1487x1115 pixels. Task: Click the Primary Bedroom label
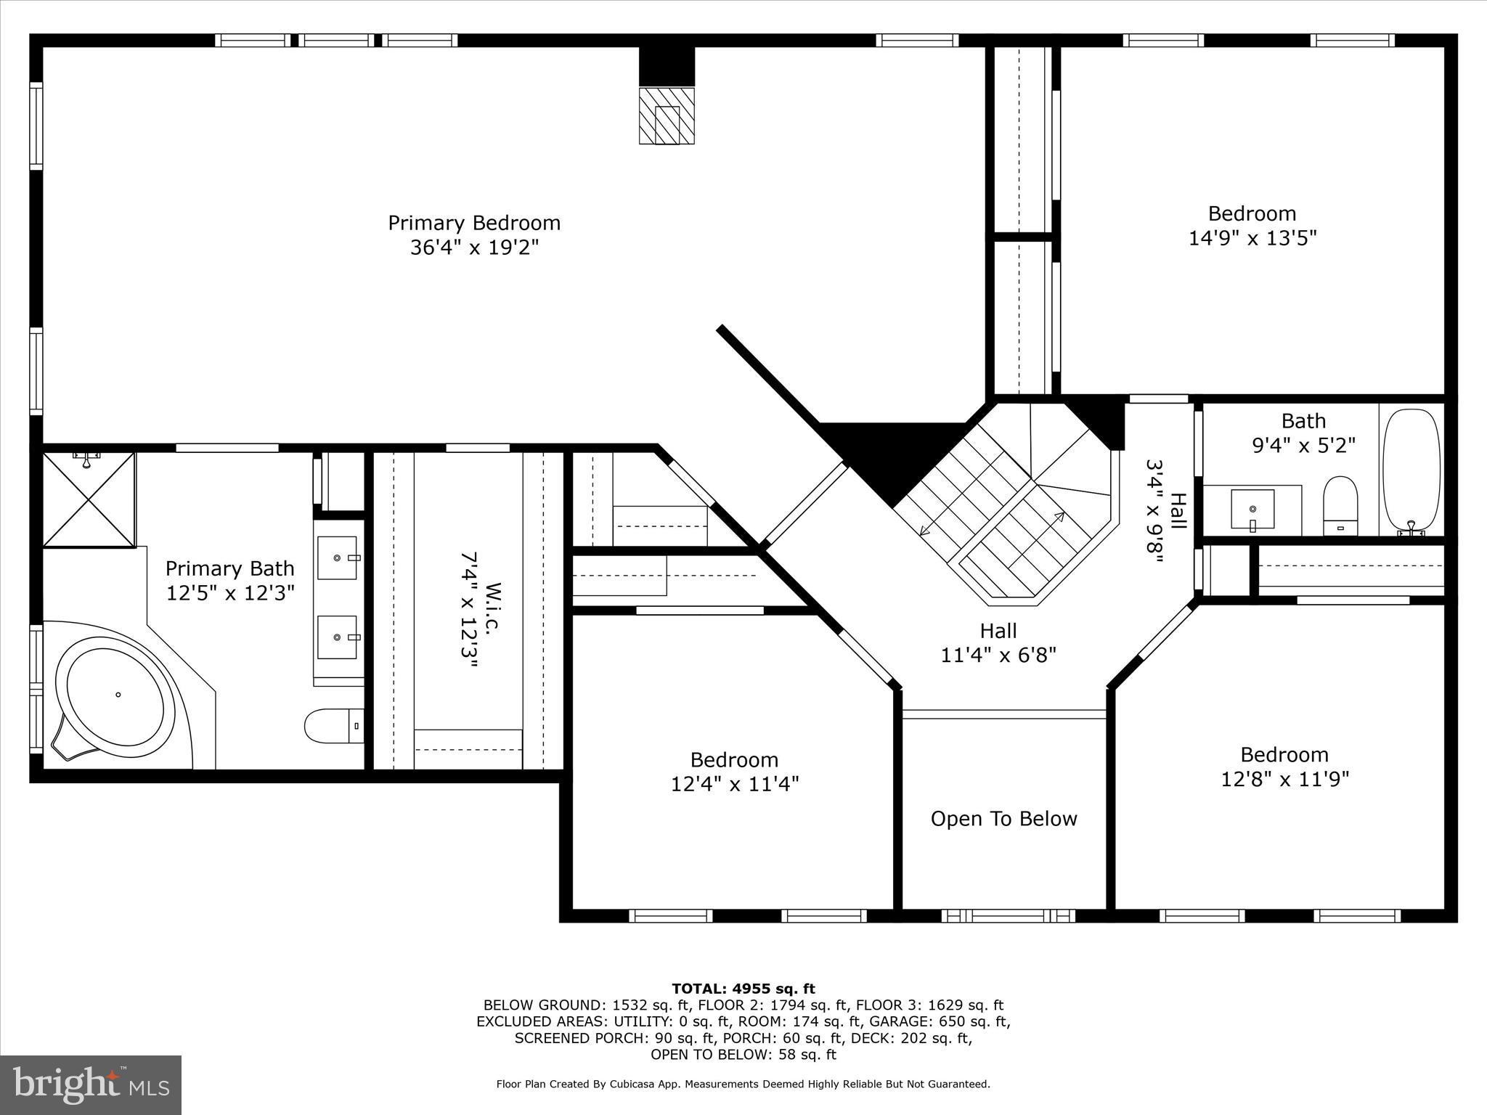(x=474, y=223)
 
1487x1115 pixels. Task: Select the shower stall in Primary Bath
(x=89, y=499)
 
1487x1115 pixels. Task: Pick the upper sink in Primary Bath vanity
(x=338, y=557)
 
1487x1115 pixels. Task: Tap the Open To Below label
(x=1003, y=819)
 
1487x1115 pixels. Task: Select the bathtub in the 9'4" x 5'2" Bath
(x=1411, y=472)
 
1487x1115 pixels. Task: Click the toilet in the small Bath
(x=1340, y=506)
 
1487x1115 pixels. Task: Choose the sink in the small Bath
(x=1252, y=509)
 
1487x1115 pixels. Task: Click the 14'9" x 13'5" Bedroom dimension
(x=1252, y=238)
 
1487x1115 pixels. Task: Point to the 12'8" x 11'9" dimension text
(x=1284, y=780)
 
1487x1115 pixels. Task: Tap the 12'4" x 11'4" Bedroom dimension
(x=734, y=784)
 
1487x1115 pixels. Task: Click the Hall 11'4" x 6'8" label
(x=998, y=643)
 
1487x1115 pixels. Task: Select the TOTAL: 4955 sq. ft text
(x=743, y=989)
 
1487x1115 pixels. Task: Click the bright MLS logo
(x=91, y=1085)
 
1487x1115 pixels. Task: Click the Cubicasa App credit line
(x=743, y=1084)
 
